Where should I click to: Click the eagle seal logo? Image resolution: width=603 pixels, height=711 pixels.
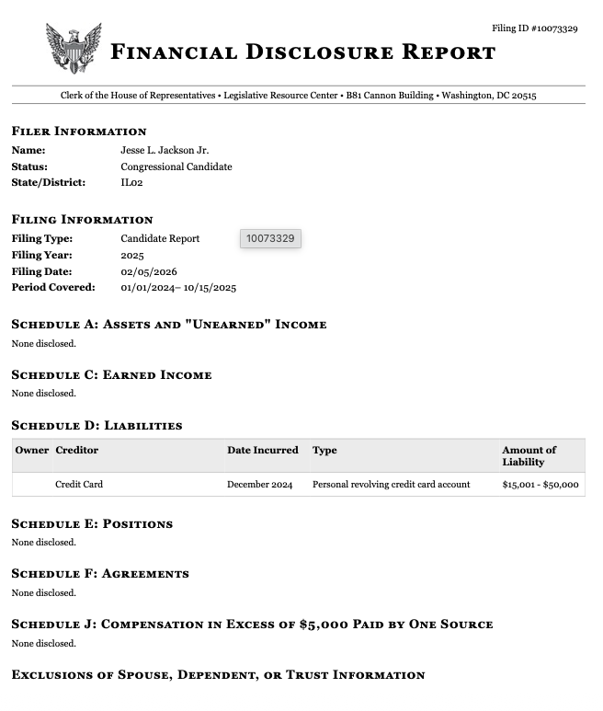(73, 49)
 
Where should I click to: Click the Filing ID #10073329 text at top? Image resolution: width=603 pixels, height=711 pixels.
(534, 29)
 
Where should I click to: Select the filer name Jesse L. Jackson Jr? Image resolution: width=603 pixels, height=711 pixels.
(165, 150)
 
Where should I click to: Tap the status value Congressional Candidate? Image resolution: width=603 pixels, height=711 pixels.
(176, 166)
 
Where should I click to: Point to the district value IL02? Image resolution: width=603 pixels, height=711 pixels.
(131, 182)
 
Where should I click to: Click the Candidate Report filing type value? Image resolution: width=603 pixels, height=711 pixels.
(160, 238)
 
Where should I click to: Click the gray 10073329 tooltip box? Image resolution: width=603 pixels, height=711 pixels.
(270, 239)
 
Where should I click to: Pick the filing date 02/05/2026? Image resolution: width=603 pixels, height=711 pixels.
(149, 271)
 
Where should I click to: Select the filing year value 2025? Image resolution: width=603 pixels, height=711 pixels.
(132, 255)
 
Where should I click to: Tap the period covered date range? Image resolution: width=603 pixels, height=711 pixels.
(178, 288)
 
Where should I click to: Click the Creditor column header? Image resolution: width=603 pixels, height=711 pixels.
(76, 450)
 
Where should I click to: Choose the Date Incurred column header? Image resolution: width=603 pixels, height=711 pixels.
(263, 450)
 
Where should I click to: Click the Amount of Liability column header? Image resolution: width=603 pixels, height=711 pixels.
(529, 455)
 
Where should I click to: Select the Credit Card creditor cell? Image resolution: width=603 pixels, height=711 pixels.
(79, 484)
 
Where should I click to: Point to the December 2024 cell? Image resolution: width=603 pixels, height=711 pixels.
(259, 484)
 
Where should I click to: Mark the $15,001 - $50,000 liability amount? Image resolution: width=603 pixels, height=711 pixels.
(540, 484)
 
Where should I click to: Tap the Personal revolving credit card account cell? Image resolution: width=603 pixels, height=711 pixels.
(391, 484)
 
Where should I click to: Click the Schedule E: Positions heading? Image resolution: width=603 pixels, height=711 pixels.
(92, 524)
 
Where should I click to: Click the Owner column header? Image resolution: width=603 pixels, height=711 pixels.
(32, 450)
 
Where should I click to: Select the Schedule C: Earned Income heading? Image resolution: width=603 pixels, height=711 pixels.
(111, 375)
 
